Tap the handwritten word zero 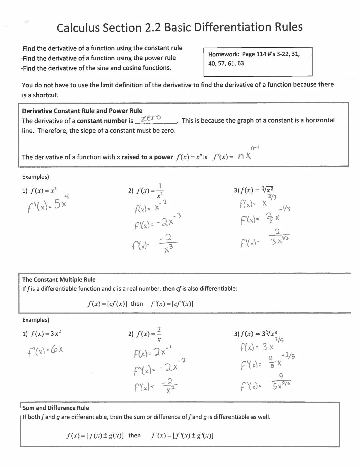tap(151, 118)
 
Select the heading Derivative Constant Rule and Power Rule tap(82, 111)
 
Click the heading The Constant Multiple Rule tap(59, 280)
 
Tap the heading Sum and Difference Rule tap(56, 408)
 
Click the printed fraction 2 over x tap(159, 334)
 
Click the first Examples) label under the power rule tap(35, 177)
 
